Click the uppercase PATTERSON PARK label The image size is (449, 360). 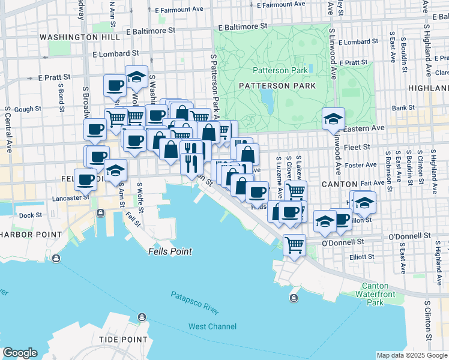pyautogui.click(x=277, y=86)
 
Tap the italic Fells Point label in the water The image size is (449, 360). pyautogui.click(x=170, y=251)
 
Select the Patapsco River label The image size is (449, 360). pyautogui.click(x=195, y=303)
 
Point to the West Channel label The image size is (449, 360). pyautogui.click(x=212, y=327)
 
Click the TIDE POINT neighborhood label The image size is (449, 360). pyautogui.click(x=123, y=340)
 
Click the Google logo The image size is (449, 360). pyautogui.click(x=20, y=353)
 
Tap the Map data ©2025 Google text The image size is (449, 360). pyautogui.click(x=412, y=355)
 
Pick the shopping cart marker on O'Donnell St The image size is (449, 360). pyautogui.click(x=294, y=244)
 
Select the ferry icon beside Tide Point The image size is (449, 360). pyautogui.click(x=142, y=317)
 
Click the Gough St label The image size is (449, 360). pyautogui.click(x=27, y=109)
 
